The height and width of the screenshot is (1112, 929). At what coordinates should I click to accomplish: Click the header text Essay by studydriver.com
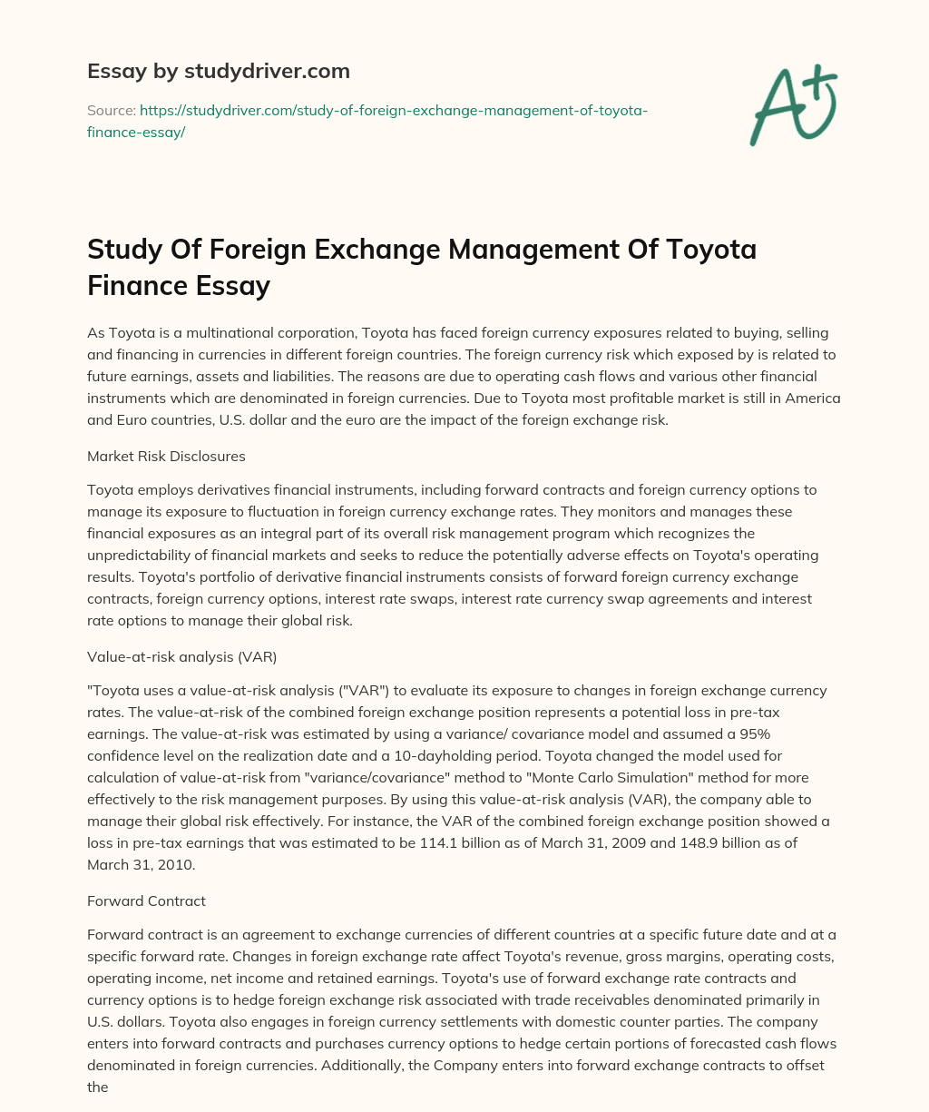click(218, 70)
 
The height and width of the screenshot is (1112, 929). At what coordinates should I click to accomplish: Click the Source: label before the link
click(111, 110)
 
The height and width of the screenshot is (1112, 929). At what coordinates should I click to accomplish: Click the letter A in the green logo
click(778, 108)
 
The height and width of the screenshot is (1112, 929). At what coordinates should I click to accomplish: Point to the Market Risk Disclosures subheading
click(166, 455)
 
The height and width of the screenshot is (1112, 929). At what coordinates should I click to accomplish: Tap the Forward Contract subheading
click(146, 900)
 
